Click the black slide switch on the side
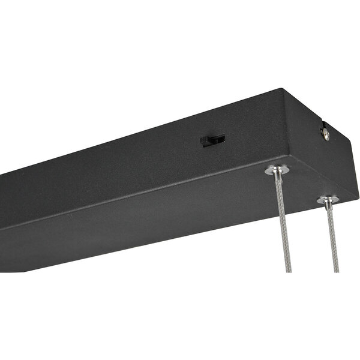point(212,140)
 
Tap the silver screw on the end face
point(326,135)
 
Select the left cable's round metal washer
point(276,170)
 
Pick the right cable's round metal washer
point(328,199)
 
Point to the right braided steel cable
point(332,240)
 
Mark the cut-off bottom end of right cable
point(336,270)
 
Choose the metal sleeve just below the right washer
point(329,206)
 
